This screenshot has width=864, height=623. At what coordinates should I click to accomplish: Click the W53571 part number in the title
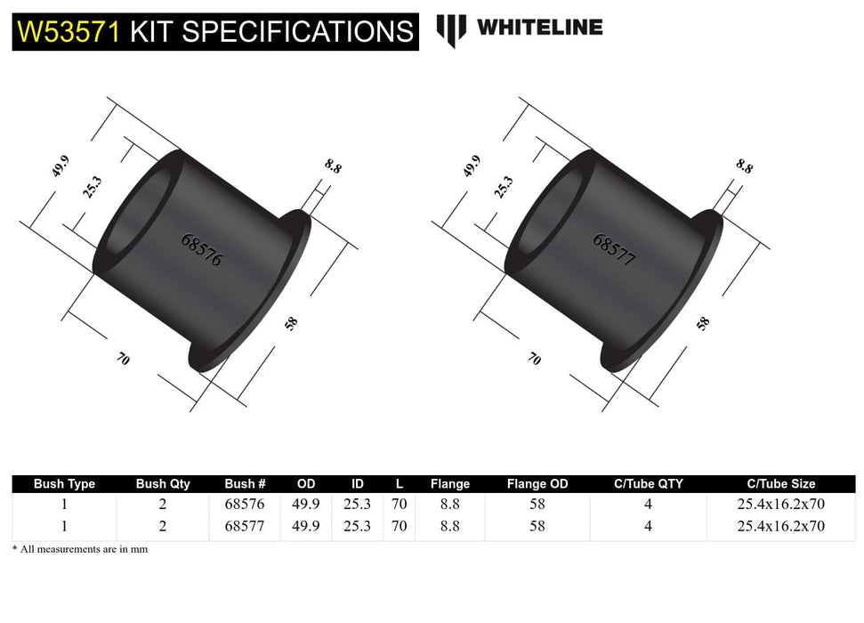[69, 32]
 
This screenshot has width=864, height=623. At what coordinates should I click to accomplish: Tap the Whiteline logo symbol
[451, 30]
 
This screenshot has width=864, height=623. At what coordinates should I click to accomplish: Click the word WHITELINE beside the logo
[539, 28]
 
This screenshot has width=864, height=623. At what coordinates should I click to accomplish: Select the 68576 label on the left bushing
[201, 251]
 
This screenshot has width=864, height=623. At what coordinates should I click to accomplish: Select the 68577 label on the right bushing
[614, 251]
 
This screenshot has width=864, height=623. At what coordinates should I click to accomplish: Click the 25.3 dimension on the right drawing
[504, 187]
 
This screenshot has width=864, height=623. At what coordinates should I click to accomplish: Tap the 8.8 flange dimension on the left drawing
[333, 166]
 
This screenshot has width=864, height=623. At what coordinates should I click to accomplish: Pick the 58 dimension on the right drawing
[703, 323]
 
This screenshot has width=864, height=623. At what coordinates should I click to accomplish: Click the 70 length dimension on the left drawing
[123, 360]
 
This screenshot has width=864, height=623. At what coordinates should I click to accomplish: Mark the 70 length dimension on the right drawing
[534, 359]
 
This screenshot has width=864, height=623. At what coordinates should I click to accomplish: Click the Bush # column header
[245, 484]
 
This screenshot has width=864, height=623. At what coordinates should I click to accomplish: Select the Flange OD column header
[537, 484]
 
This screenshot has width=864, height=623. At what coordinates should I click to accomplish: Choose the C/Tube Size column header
[780, 484]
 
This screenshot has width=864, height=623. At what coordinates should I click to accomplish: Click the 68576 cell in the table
[245, 505]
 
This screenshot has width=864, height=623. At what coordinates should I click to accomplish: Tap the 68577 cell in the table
[245, 526]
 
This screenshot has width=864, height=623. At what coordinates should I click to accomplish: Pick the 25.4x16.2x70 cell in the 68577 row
[780, 526]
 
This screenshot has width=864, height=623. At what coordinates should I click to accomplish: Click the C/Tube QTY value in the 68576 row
[648, 505]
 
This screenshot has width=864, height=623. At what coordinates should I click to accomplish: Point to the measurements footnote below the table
[80, 549]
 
